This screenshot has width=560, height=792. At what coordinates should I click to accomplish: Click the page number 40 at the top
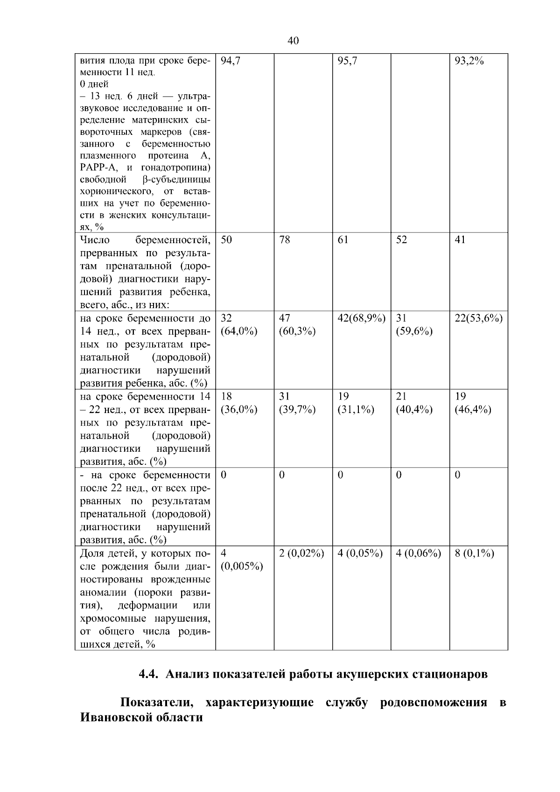pyautogui.click(x=293, y=41)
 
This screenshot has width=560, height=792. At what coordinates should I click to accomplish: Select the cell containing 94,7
pyautogui.click(x=230, y=61)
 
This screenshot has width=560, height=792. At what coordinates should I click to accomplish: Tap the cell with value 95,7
pyautogui.click(x=347, y=61)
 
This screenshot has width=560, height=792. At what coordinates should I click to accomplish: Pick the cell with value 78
pyautogui.click(x=284, y=240)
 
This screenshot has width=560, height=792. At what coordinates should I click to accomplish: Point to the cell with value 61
pyautogui.click(x=343, y=240)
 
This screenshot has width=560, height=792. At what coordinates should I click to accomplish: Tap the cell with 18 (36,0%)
pyautogui.click(x=239, y=403)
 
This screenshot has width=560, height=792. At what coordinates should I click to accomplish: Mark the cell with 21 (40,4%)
pyautogui.click(x=413, y=403)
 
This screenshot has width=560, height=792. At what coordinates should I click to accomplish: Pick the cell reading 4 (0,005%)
pyautogui.click(x=241, y=560)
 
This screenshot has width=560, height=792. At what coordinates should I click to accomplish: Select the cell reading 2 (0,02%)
pyautogui.click(x=301, y=554)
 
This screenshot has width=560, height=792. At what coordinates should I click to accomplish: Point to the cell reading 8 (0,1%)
pyautogui.click(x=474, y=554)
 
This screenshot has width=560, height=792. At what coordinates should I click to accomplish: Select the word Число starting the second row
pyautogui.click(x=95, y=240)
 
